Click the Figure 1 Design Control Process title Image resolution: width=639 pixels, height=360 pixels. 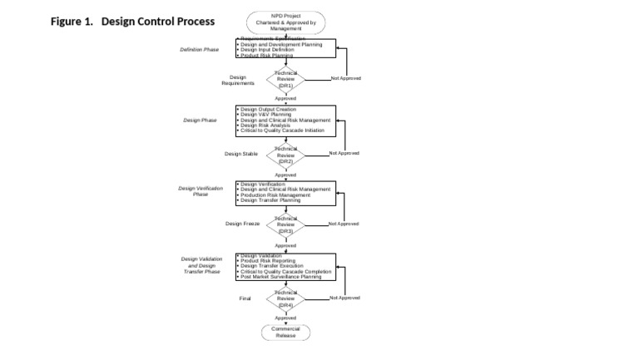[132, 21]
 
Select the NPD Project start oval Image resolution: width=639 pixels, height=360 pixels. [285, 22]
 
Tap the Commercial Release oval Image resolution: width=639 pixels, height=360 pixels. [285, 333]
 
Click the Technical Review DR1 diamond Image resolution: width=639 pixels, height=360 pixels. [285, 79]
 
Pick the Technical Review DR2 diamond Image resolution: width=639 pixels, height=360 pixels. [285, 155]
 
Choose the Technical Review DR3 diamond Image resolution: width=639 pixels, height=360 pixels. [285, 224]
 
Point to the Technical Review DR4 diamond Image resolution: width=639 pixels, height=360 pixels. [285, 298]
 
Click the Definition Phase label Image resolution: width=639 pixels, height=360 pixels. [200, 50]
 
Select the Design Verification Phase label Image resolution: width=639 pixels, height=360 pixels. [201, 191]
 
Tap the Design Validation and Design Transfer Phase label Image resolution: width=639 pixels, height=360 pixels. [201, 265]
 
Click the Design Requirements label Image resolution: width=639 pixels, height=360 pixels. [238, 80]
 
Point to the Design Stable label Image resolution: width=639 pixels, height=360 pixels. [241, 154]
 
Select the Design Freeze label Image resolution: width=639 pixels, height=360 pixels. [243, 224]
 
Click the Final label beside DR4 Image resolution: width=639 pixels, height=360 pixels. [245, 298]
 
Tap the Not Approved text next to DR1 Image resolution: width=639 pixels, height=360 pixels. [345, 78]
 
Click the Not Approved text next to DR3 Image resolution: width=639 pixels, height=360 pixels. [344, 224]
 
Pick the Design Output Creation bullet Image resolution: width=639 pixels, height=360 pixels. [268, 109]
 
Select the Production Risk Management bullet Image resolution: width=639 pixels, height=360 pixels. [275, 195]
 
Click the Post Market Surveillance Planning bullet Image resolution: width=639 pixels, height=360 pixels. [280, 277]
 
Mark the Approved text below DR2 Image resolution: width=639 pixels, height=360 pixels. [285, 175]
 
